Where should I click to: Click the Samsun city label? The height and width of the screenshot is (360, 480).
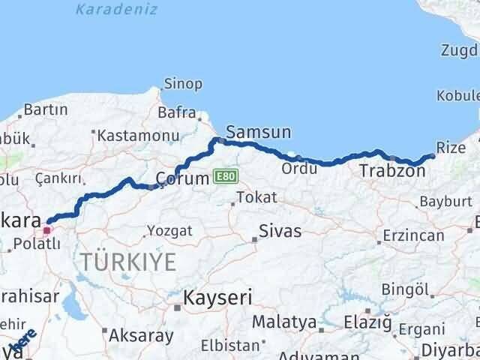click(x=258, y=131)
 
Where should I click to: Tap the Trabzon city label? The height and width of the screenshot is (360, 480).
click(x=392, y=170)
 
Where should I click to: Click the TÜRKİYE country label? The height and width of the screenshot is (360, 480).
click(x=129, y=262)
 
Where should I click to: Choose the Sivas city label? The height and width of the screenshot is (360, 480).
click(x=280, y=230)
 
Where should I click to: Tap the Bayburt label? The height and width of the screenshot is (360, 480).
click(x=445, y=201)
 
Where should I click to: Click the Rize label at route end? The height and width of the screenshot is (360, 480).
click(x=451, y=148)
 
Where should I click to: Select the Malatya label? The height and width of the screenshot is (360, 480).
click(x=283, y=322)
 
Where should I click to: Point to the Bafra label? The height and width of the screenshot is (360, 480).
click(x=176, y=113)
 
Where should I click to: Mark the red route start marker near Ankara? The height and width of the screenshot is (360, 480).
click(x=47, y=229)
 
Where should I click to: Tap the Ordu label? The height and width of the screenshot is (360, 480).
click(x=298, y=169)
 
